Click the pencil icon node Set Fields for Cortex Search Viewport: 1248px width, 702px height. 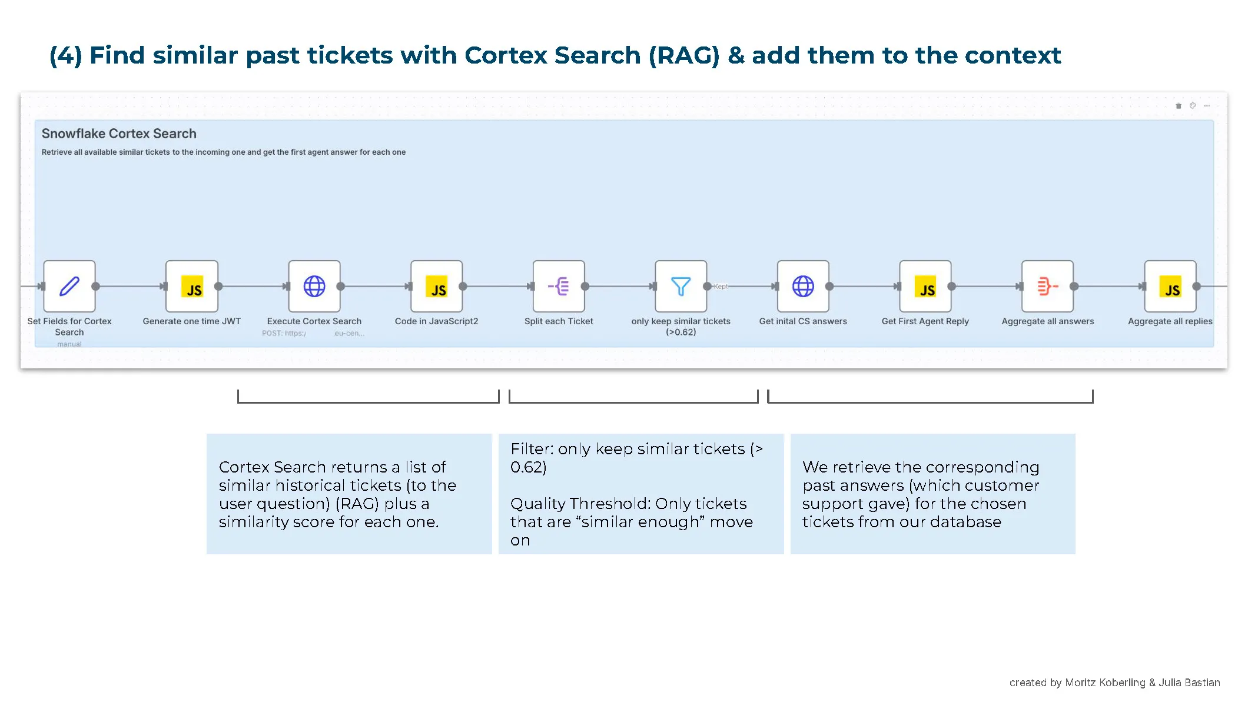click(69, 287)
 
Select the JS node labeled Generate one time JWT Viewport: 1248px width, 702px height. click(192, 287)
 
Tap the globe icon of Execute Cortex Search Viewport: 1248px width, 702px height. click(314, 287)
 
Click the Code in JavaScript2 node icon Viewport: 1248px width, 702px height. click(437, 287)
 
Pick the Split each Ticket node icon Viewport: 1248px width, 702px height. click(559, 287)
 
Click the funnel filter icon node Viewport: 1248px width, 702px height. click(681, 287)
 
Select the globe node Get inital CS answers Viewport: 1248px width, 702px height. click(803, 287)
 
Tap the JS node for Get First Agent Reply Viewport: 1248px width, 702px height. click(925, 287)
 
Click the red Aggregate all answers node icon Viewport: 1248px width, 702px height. click(1048, 287)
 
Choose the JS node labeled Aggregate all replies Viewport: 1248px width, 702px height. click(1170, 287)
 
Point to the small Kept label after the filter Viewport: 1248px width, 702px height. click(721, 287)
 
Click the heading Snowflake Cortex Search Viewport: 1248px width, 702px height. click(119, 134)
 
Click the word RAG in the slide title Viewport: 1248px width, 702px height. click(684, 55)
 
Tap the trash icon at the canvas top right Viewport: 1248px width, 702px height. click(1179, 106)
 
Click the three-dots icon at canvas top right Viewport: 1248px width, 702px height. click(1207, 106)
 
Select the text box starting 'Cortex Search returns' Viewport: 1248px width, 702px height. click(348, 494)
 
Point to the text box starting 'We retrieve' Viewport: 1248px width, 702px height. click(932, 494)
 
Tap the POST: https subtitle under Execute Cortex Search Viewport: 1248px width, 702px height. click(284, 334)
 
